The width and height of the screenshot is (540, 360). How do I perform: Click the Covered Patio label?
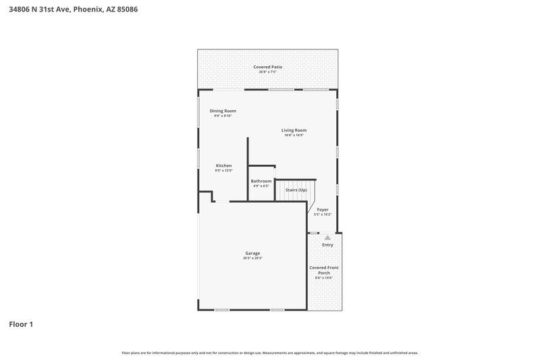point(267,67)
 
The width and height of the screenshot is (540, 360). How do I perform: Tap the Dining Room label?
point(223,111)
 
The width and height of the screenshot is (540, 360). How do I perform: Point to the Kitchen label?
point(223,165)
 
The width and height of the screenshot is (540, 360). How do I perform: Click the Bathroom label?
point(261,181)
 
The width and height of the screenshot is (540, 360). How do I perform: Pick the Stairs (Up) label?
point(296,190)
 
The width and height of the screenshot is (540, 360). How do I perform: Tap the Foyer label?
point(323,209)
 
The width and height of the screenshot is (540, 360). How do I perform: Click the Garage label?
point(252,253)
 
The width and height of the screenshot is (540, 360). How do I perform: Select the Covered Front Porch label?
point(324,270)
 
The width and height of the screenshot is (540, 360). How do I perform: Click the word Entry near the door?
point(327,245)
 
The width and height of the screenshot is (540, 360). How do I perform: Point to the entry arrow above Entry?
point(327,237)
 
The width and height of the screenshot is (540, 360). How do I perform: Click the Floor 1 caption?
point(21,324)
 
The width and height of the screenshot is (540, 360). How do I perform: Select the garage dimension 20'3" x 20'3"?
point(252,258)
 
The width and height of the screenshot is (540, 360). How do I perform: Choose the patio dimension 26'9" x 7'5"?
point(267,72)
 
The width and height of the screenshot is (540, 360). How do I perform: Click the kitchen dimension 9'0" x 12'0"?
point(223,171)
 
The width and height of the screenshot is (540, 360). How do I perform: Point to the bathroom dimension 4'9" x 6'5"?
point(261,186)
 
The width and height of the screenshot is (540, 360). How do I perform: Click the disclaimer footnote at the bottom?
point(270,353)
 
